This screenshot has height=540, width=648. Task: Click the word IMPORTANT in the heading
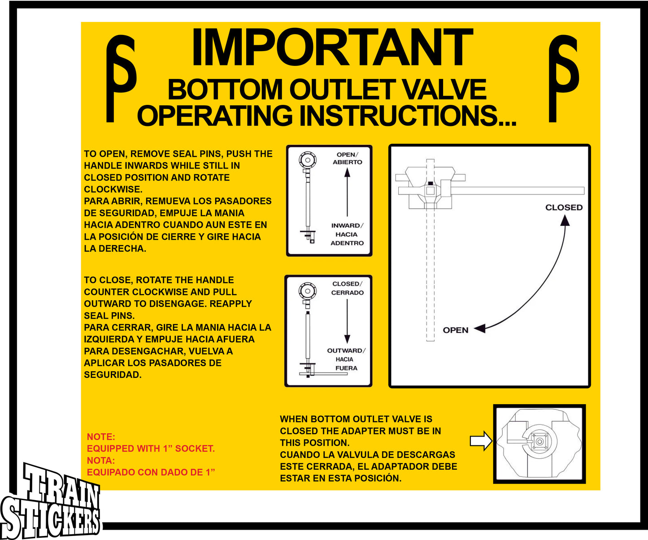(332, 48)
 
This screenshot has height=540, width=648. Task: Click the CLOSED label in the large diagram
(564, 207)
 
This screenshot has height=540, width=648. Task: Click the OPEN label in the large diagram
(455, 330)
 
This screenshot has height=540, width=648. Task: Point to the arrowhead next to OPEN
(479, 328)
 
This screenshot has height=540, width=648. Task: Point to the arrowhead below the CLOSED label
(565, 220)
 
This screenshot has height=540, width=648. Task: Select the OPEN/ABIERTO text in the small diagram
(347, 158)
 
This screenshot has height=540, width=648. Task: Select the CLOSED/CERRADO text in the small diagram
(347, 288)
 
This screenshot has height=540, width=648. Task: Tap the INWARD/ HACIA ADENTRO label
(347, 234)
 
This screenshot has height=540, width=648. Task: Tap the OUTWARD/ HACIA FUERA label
(346, 359)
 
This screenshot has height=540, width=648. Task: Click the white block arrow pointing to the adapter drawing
(481, 441)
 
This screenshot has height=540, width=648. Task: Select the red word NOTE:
(101, 437)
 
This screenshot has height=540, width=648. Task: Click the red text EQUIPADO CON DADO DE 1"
(151, 472)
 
